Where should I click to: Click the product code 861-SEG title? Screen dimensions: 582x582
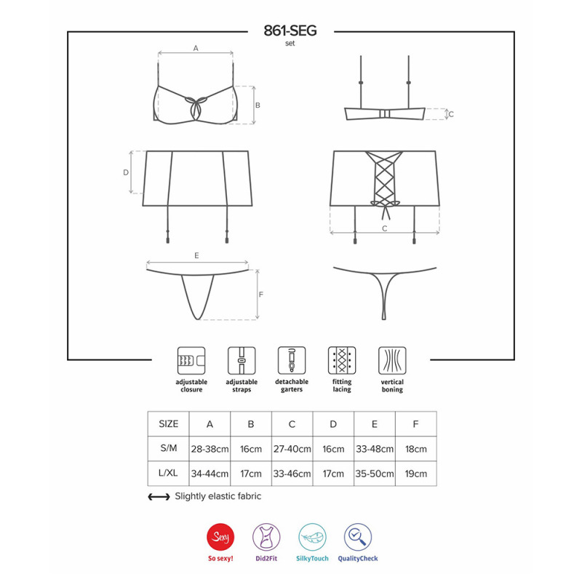pos(290,31)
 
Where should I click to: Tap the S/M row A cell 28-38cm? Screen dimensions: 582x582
pos(210,449)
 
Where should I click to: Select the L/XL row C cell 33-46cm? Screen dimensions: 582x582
pos(292,474)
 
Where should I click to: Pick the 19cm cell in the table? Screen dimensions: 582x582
pos(415,474)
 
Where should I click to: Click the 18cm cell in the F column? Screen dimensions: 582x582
pos(415,449)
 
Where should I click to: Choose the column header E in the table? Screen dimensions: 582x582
pos(375,424)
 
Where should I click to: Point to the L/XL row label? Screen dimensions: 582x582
pos(168,473)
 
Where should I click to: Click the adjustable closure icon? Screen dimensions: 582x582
pos(191,360)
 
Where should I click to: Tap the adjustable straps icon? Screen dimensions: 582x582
pos(242,360)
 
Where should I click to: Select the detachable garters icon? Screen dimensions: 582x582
pos(292,360)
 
